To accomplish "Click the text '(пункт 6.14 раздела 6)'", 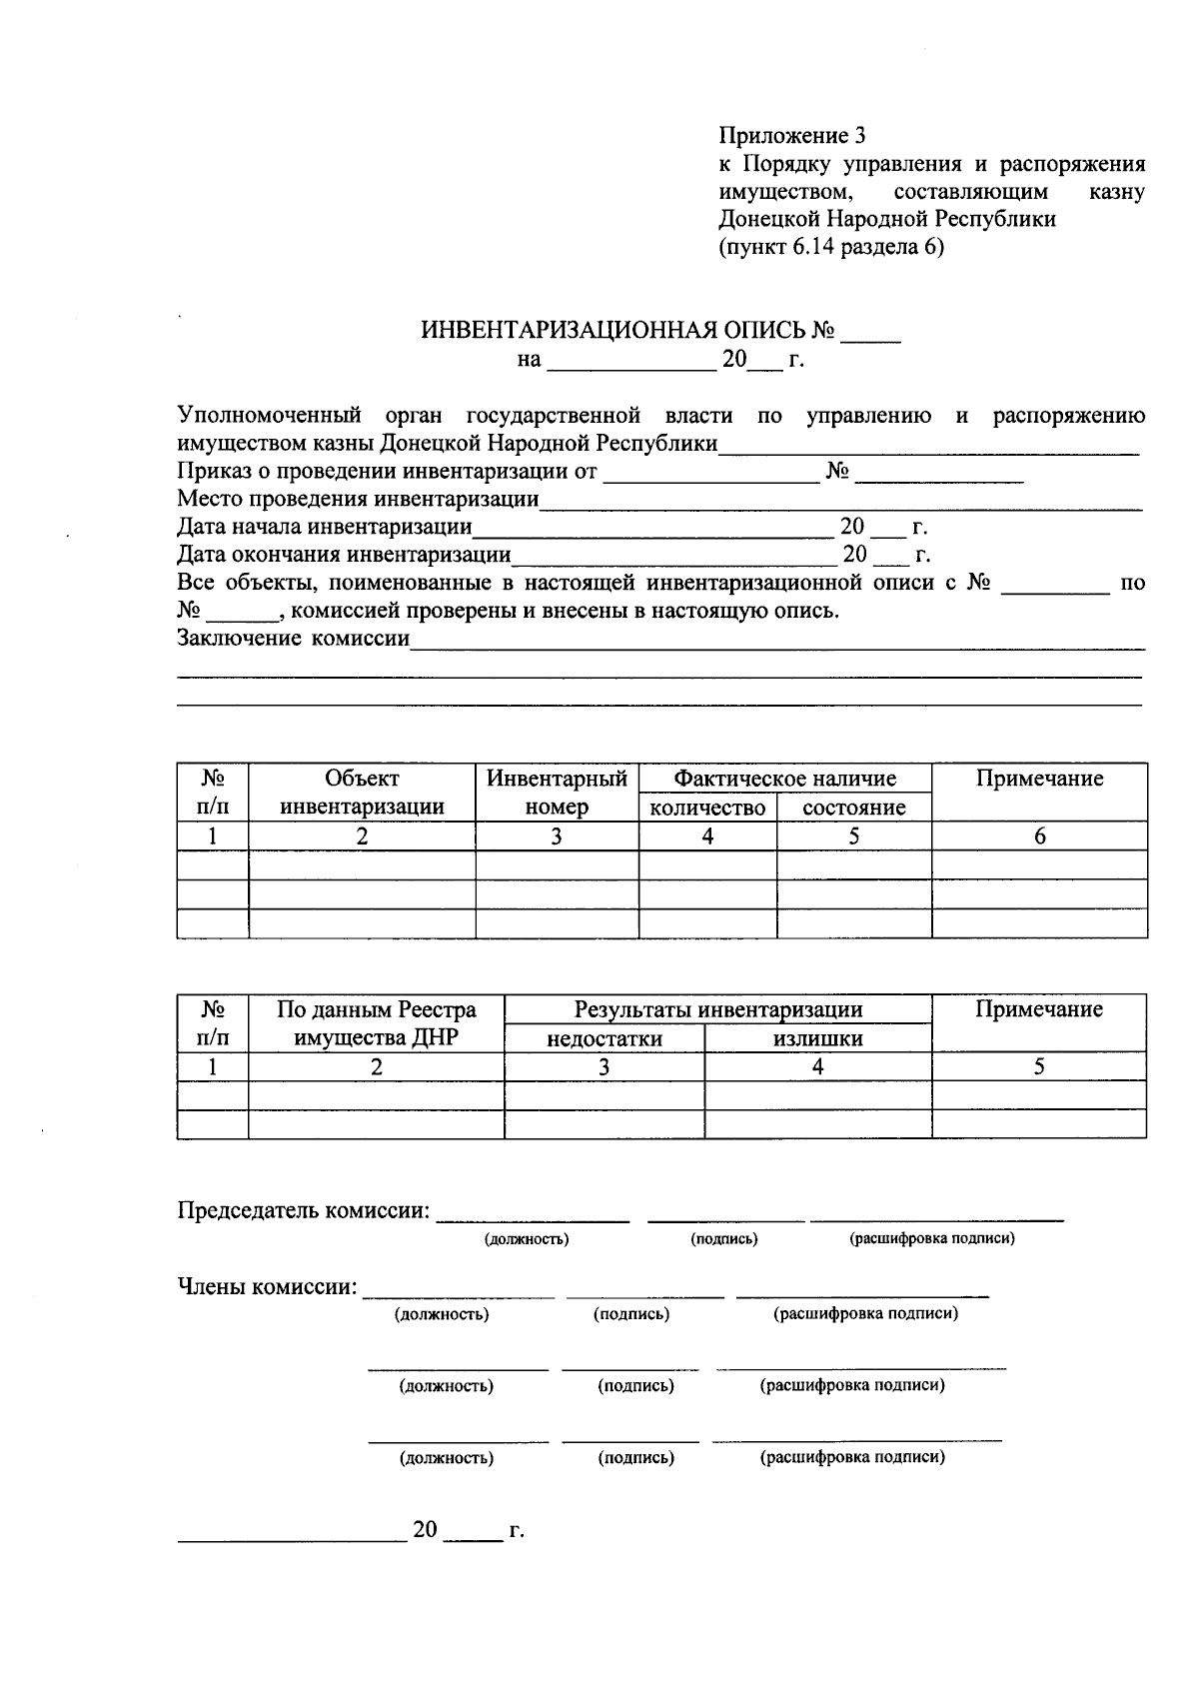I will [x=830, y=247].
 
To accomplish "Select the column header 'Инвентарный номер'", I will [x=557, y=793].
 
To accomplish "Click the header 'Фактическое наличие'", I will [x=784, y=779].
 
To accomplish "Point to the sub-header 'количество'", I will [x=707, y=808].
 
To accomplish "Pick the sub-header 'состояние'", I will [x=854, y=808].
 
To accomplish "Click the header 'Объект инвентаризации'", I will [x=362, y=793].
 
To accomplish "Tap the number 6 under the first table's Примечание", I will [x=1039, y=837].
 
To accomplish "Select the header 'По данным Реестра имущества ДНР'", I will [x=376, y=1023].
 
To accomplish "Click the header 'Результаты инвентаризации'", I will [x=717, y=1009].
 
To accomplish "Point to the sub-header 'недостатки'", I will [x=603, y=1038].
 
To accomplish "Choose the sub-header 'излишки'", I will [x=817, y=1038].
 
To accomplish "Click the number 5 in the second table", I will [x=1039, y=1066].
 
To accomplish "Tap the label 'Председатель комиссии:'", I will [x=304, y=1210].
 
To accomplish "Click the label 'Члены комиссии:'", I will [x=267, y=1286].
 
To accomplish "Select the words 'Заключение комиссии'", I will [x=294, y=638].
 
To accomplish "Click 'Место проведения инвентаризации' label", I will [x=358, y=498].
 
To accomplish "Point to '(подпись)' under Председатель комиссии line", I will [x=724, y=1238].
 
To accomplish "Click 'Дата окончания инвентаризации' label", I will [x=344, y=554].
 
